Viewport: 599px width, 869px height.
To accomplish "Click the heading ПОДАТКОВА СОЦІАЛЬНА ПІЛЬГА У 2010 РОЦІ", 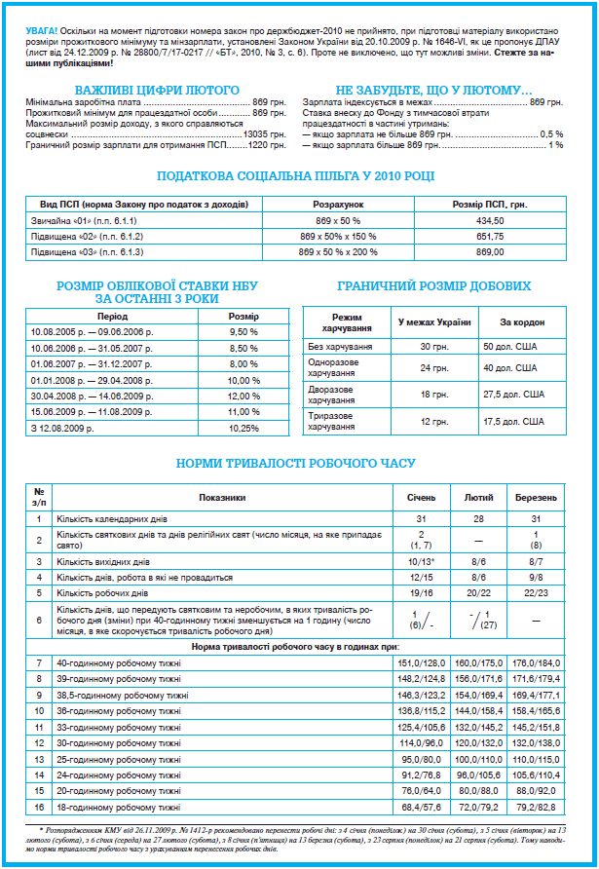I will click(x=296, y=175).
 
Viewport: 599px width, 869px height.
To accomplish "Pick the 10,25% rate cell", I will click(x=243, y=428).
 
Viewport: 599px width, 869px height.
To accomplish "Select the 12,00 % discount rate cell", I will click(x=243, y=396).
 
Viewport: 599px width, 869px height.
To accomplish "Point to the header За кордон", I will click(x=521, y=322).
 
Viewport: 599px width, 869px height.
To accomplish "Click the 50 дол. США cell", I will click(x=509, y=346).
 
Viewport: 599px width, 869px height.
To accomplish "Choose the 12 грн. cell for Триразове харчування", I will click(x=433, y=420).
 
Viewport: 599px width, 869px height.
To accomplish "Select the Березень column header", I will click(x=537, y=497).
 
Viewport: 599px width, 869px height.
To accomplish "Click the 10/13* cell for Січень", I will click(x=421, y=562).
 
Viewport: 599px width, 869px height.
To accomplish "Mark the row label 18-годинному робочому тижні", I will click(x=118, y=808).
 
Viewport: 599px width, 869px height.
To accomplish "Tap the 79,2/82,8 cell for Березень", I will click(x=537, y=808).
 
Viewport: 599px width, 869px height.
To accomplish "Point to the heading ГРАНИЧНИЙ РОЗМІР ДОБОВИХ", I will click(x=433, y=286).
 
